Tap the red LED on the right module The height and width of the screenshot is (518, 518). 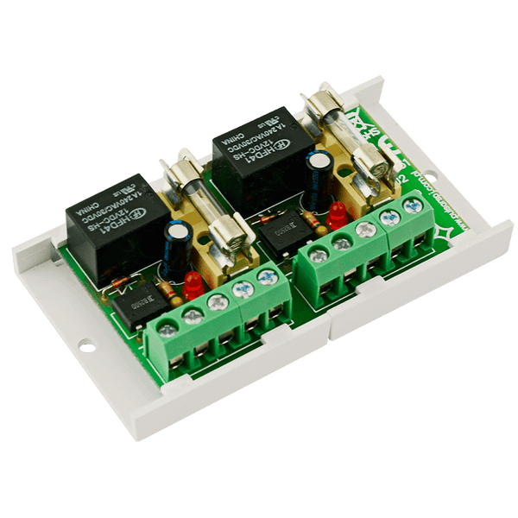tap(338, 215)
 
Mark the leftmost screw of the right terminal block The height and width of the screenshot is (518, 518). tap(319, 254)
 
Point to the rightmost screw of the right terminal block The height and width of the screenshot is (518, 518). tap(412, 206)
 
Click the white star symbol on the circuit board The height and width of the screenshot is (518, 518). tap(445, 231)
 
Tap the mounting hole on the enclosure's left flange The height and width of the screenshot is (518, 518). tap(85, 347)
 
